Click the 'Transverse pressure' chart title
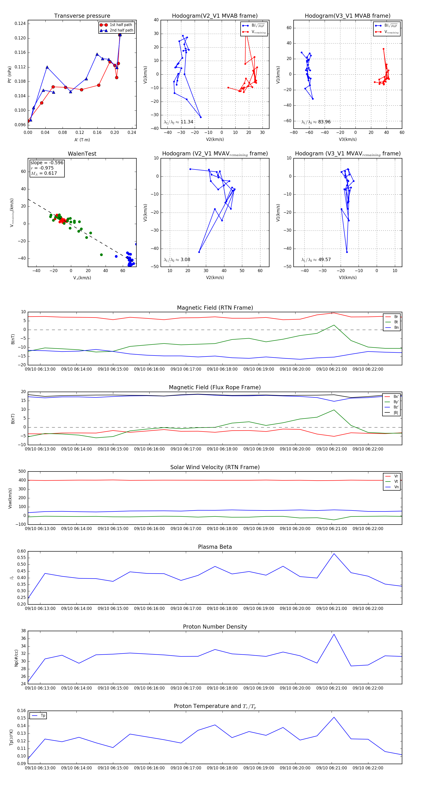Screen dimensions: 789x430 pos(82,16)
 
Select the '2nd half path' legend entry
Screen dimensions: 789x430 pos(121,30)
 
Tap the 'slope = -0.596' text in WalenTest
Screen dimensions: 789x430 pos(47,163)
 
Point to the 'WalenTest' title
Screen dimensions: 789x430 pos(82,154)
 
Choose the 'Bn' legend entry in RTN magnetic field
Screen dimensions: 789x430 pos(396,327)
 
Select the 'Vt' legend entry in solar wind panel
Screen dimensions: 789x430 pos(396,482)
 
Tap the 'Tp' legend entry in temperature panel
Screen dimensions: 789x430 pos(43,716)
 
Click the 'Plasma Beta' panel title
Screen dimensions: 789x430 pos(215,547)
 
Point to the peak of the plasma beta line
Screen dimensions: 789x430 pos(334,553)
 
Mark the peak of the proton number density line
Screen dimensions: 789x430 pos(334,634)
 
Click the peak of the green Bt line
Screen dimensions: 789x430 pos(334,325)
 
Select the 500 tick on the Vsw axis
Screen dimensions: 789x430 pos(22,471)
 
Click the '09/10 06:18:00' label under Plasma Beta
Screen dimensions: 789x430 pos(222,608)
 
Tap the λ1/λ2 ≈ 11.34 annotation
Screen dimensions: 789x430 pos(178,122)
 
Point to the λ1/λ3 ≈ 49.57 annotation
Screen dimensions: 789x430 pos(316,260)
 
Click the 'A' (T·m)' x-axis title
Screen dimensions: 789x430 pos(82,140)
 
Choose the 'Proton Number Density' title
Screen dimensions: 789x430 pos(215,627)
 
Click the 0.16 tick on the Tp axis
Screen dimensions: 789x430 pos(21,711)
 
